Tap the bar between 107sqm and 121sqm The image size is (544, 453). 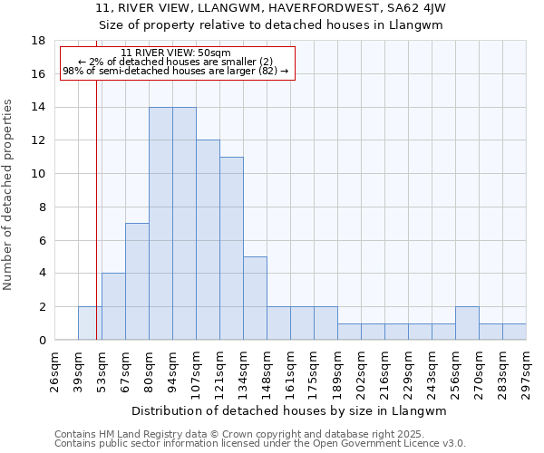coord(208,240)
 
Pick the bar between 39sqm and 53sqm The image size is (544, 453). coord(90,323)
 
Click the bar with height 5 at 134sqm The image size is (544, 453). coord(255,298)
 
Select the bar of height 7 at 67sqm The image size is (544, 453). coord(137,282)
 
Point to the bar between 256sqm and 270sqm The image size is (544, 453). coord(467,323)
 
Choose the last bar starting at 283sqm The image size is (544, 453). coord(514,332)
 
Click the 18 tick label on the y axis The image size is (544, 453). coord(39,41)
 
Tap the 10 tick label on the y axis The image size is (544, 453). coord(39,174)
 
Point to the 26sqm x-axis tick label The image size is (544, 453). coord(54,368)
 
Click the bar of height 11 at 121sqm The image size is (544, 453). coord(231,248)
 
